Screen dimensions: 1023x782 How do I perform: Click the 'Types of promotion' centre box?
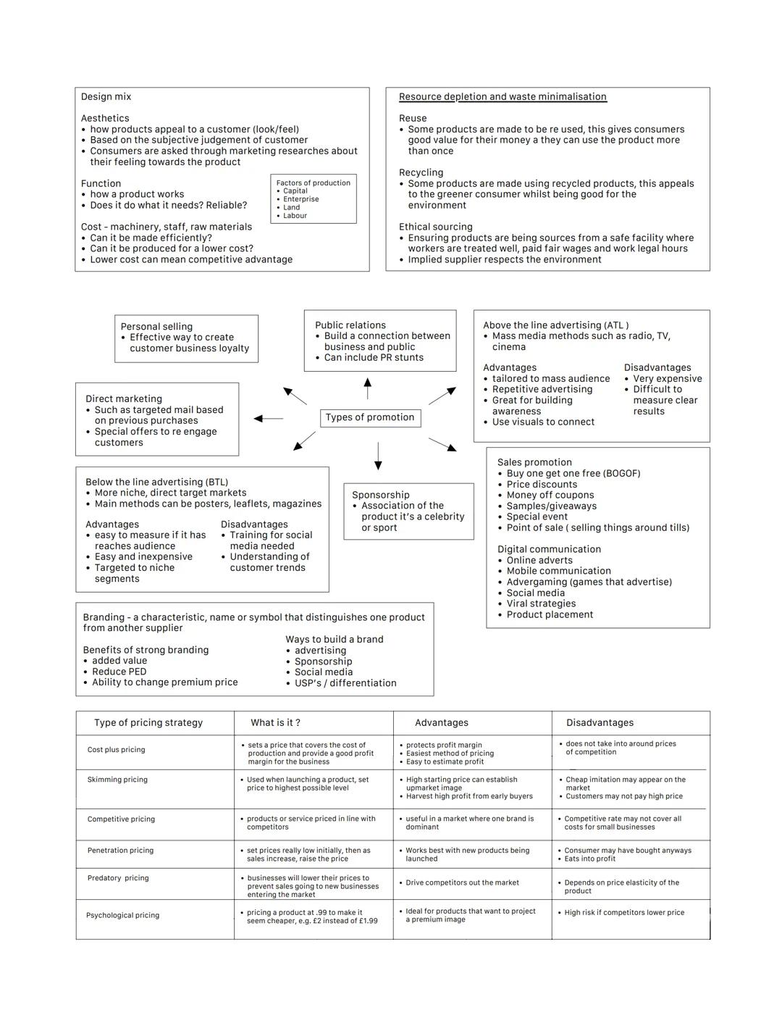370,417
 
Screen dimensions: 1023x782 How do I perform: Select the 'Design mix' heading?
106,96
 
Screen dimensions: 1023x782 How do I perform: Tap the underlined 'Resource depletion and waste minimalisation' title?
503,96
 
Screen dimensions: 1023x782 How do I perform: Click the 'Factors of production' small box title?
313,183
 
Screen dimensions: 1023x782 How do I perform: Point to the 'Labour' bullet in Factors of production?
295,216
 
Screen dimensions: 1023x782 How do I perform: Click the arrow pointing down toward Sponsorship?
378,455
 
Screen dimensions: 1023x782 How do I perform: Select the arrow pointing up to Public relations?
368,388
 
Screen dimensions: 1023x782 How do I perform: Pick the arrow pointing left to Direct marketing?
269,419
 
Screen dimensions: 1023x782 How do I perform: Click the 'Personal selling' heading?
156,327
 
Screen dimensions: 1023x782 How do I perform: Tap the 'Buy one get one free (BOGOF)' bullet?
573,474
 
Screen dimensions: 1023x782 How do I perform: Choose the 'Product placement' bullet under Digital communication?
550,615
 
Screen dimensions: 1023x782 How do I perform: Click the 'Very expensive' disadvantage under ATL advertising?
667,379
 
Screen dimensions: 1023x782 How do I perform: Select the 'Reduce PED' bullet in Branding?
119,672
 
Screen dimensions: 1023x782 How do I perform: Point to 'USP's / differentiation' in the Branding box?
345,683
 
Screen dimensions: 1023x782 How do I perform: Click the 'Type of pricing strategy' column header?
148,723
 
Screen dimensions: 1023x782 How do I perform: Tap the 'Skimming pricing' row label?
117,780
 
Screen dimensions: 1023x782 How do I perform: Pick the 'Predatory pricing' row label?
118,878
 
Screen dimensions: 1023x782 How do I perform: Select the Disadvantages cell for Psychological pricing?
624,913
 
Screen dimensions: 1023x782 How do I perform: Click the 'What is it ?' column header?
275,723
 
